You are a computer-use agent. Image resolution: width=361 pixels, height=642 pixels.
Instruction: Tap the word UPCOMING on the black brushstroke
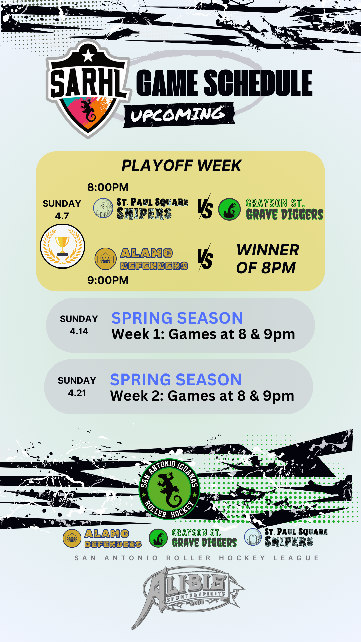[x=178, y=114]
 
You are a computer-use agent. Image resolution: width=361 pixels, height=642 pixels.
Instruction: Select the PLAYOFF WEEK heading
[x=181, y=166]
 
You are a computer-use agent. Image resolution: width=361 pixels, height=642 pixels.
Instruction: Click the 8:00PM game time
[x=108, y=187]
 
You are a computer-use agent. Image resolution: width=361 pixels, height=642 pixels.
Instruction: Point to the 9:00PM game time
[x=108, y=280]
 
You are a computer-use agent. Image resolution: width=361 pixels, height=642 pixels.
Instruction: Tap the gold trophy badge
[x=63, y=246]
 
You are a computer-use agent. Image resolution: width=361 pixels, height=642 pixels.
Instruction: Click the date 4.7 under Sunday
[x=62, y=216]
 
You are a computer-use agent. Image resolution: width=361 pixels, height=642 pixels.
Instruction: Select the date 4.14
[x=79, y=331]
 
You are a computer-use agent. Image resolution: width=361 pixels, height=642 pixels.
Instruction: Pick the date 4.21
[x=77, y=393]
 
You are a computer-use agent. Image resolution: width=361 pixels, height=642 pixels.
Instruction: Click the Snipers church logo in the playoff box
[x=103, y=208]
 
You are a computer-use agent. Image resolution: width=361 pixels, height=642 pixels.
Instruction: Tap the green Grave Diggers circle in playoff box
[x=229, y=209]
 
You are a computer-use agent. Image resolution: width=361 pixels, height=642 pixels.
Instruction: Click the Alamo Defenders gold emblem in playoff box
[x=105, y=259]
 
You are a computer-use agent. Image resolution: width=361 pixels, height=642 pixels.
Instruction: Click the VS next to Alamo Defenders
[x=205, y=258]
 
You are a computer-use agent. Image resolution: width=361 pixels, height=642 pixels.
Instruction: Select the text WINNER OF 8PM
[x=267, y=259]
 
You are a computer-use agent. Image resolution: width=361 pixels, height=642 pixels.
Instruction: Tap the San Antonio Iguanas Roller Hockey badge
[x=169, y=489]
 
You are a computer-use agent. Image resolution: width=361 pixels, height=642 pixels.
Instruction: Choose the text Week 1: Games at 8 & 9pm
[x=203, y=334]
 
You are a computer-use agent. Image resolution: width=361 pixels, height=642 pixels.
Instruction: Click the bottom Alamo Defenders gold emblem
[x=72, y=538]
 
